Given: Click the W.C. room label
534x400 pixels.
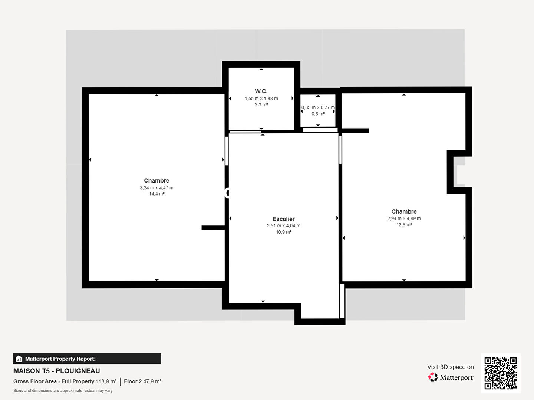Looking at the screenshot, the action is [x=261, y=91].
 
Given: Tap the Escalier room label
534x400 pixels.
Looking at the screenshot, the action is [x=283, y=219].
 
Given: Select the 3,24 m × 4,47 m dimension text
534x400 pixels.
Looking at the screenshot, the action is [x=156, y=188].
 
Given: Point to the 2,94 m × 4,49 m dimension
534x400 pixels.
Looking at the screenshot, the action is [x=404, y=219].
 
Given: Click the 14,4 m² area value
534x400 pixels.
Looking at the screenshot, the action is [x=156, y=194].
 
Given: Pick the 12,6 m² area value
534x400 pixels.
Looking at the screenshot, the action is [x=404, y=225].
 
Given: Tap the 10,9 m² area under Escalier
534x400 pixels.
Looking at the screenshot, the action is [x=283, y=232].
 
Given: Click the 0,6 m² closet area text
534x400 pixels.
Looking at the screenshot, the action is [x=318, y=114].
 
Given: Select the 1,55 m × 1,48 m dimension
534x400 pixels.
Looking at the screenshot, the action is [x=261, y=99].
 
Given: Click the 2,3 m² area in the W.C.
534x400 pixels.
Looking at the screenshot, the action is [x=261, y=105].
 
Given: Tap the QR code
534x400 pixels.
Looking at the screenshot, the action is [x=500, y=373].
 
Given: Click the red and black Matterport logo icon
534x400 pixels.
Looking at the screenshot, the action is [x=433, y=377].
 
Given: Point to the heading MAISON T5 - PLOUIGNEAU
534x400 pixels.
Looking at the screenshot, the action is [x=57, y=371].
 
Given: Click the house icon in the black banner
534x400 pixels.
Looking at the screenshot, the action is [x=19, y=359].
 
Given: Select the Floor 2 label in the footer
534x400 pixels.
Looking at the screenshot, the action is [x=133, y=381].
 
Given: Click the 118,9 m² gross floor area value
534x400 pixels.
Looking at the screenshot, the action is [x=106, y=381].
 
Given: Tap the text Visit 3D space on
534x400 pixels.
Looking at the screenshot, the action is [x=450, y=367].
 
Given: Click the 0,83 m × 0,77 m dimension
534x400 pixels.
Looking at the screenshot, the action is [x=318, y=107].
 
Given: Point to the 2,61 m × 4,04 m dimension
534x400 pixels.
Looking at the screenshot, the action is [x=283, y=226].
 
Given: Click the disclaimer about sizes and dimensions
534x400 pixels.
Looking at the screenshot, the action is [x=63, y=390].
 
